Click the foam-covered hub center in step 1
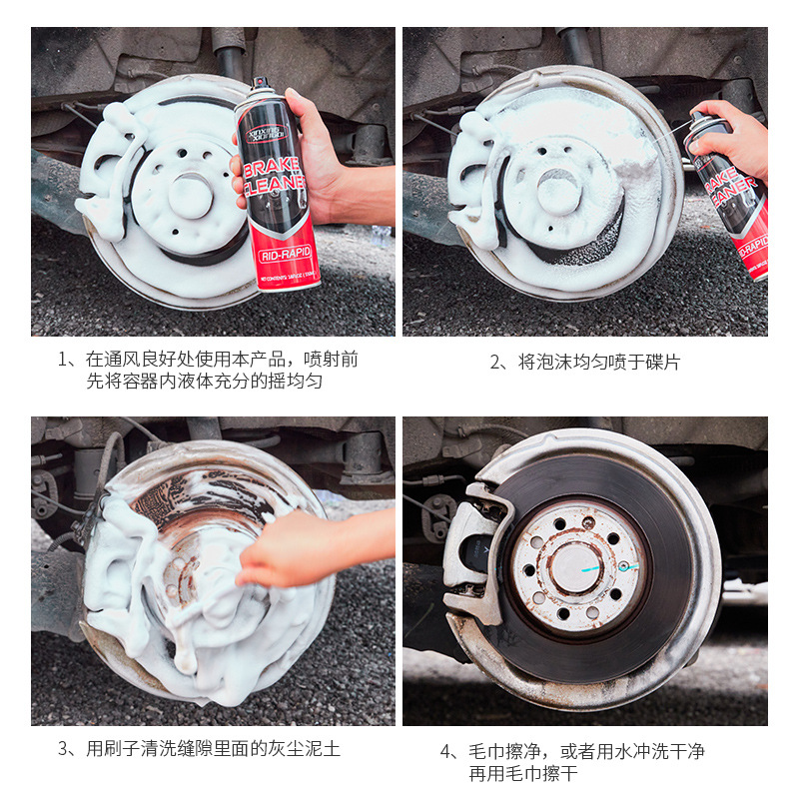tap(190, 195)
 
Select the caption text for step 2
tap(584, 362)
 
